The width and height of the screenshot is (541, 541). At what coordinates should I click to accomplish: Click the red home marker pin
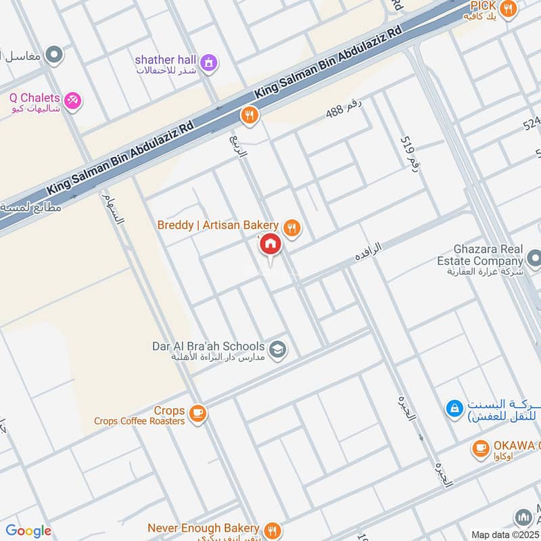[x=270, y=245]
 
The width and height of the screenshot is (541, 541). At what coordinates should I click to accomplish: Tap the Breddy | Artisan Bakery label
[x=217, y=225]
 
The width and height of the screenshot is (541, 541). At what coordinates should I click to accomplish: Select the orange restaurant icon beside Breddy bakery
[x=292, y=227]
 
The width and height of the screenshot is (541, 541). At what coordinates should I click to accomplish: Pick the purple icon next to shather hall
[x=210, y=62]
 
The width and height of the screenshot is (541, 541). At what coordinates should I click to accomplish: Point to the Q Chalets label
[x=34, y=98]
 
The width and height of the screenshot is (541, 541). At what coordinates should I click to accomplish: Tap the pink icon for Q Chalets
[x=73, y=100]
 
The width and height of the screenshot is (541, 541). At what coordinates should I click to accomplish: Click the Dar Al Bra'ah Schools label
[x=208, y=346]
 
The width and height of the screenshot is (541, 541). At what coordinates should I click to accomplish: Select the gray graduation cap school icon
[x=277, y=350]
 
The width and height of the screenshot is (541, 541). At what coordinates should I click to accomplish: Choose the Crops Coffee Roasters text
[x=139, y=421]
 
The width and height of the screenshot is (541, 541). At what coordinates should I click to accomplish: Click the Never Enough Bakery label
[x=204, y=527]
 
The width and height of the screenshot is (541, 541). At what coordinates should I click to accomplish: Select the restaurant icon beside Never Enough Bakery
[x=272, y=530]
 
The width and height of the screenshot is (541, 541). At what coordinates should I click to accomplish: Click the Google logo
[x=28, y=531]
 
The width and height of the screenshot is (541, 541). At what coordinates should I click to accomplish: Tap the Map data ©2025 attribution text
[x=505, y=534]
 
